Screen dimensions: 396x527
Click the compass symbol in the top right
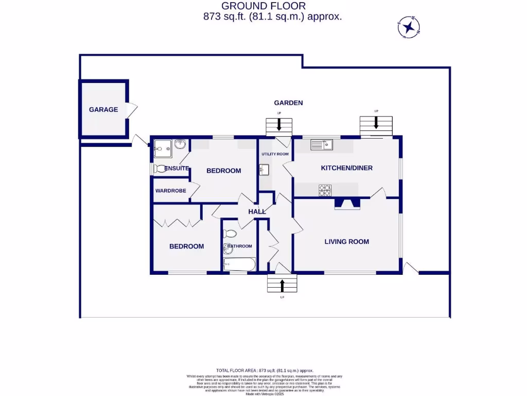pyautogui.click(x=409, y=27)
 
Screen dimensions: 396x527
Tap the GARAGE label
pyautogui.click(x=103, y=109)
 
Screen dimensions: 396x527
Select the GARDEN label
pyautogui.click(x=288, y=103)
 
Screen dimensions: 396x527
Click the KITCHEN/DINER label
pyautogui.click(x=346, y=168)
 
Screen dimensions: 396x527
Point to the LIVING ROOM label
pyautogui.click(x=346, y=241)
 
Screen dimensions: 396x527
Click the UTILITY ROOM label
pyautogui.click(x=275, y=154)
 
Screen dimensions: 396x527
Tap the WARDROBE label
pyautogui.click(x=170, y=191)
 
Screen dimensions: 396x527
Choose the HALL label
pyautogui.click(x=257, y=211)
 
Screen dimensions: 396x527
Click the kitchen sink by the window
pyautogui.click(x=322, y=145)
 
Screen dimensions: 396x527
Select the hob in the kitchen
pyautogui.click(x=325, y=190)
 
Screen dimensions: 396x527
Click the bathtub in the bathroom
pyautogui.click(x=239, y=265)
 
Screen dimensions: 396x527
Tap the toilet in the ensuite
pyautogui.click(x=162, y=169)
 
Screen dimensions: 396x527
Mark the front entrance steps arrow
pyautogui.click(x=282, y=285)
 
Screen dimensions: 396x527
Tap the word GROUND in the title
pyautogui.click(x=243, y=6)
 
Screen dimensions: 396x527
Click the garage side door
pyautogui.click(x=133, y=110)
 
